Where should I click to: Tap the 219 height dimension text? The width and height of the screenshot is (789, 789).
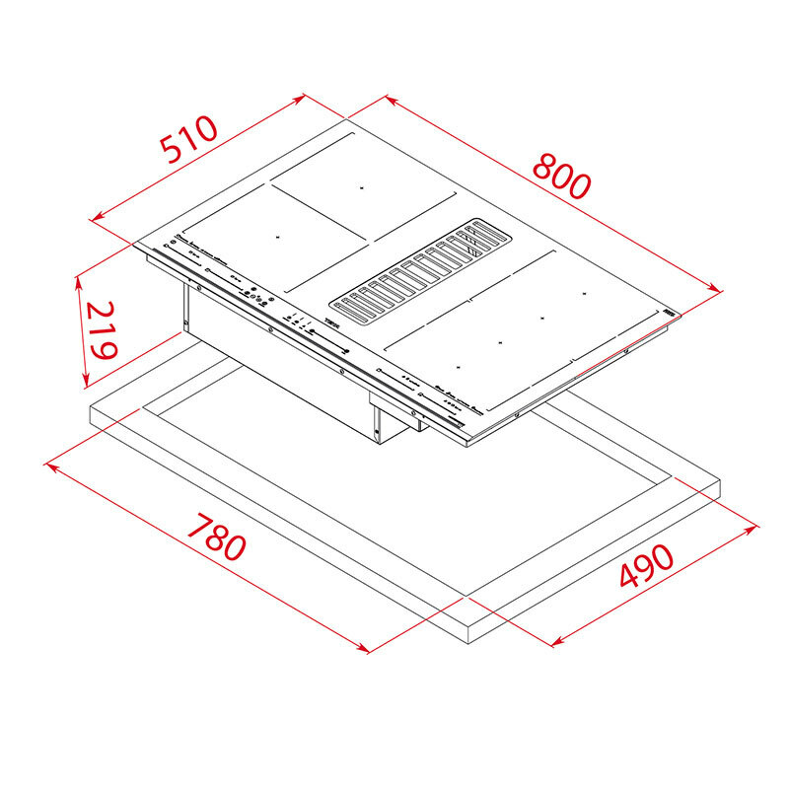click(x=101, y=329)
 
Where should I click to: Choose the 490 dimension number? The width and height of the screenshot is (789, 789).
click(x=646, y=566)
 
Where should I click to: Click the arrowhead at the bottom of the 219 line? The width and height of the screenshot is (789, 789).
click(x=87, y=382)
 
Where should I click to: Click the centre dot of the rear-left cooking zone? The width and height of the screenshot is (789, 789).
click(x=361, y=186)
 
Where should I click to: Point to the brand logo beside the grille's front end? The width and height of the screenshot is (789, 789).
click(x=331, y=323)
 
